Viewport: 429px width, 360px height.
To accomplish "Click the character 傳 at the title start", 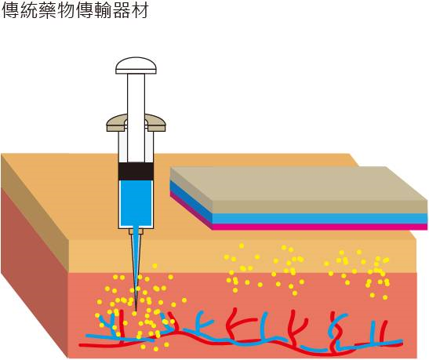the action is pos(11,10).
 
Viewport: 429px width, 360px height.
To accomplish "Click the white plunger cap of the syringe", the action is pos(136,65).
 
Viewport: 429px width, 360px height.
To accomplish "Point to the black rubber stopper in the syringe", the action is pos(136,171).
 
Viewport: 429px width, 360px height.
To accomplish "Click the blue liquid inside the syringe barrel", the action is pos(136,203).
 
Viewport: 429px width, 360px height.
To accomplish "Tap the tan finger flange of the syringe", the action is pos(136,122).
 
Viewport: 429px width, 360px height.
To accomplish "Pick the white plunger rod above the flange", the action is pos(136,94).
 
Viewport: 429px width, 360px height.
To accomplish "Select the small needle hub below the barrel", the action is pos(136,231).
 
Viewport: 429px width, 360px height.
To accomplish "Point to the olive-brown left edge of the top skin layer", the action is pos(35,213).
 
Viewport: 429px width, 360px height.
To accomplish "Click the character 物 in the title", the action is pos(66,10).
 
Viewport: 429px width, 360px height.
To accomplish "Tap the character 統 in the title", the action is pos(29,10).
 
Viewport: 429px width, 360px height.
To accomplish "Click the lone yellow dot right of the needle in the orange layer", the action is pos(155,266).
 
